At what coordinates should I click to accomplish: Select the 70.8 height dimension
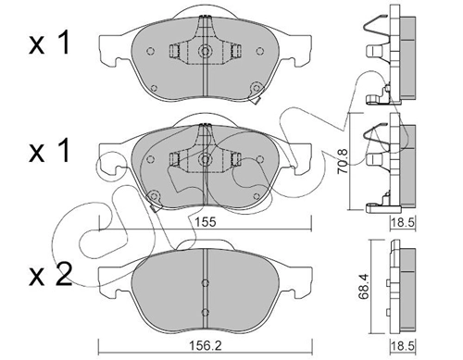(342, 165)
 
